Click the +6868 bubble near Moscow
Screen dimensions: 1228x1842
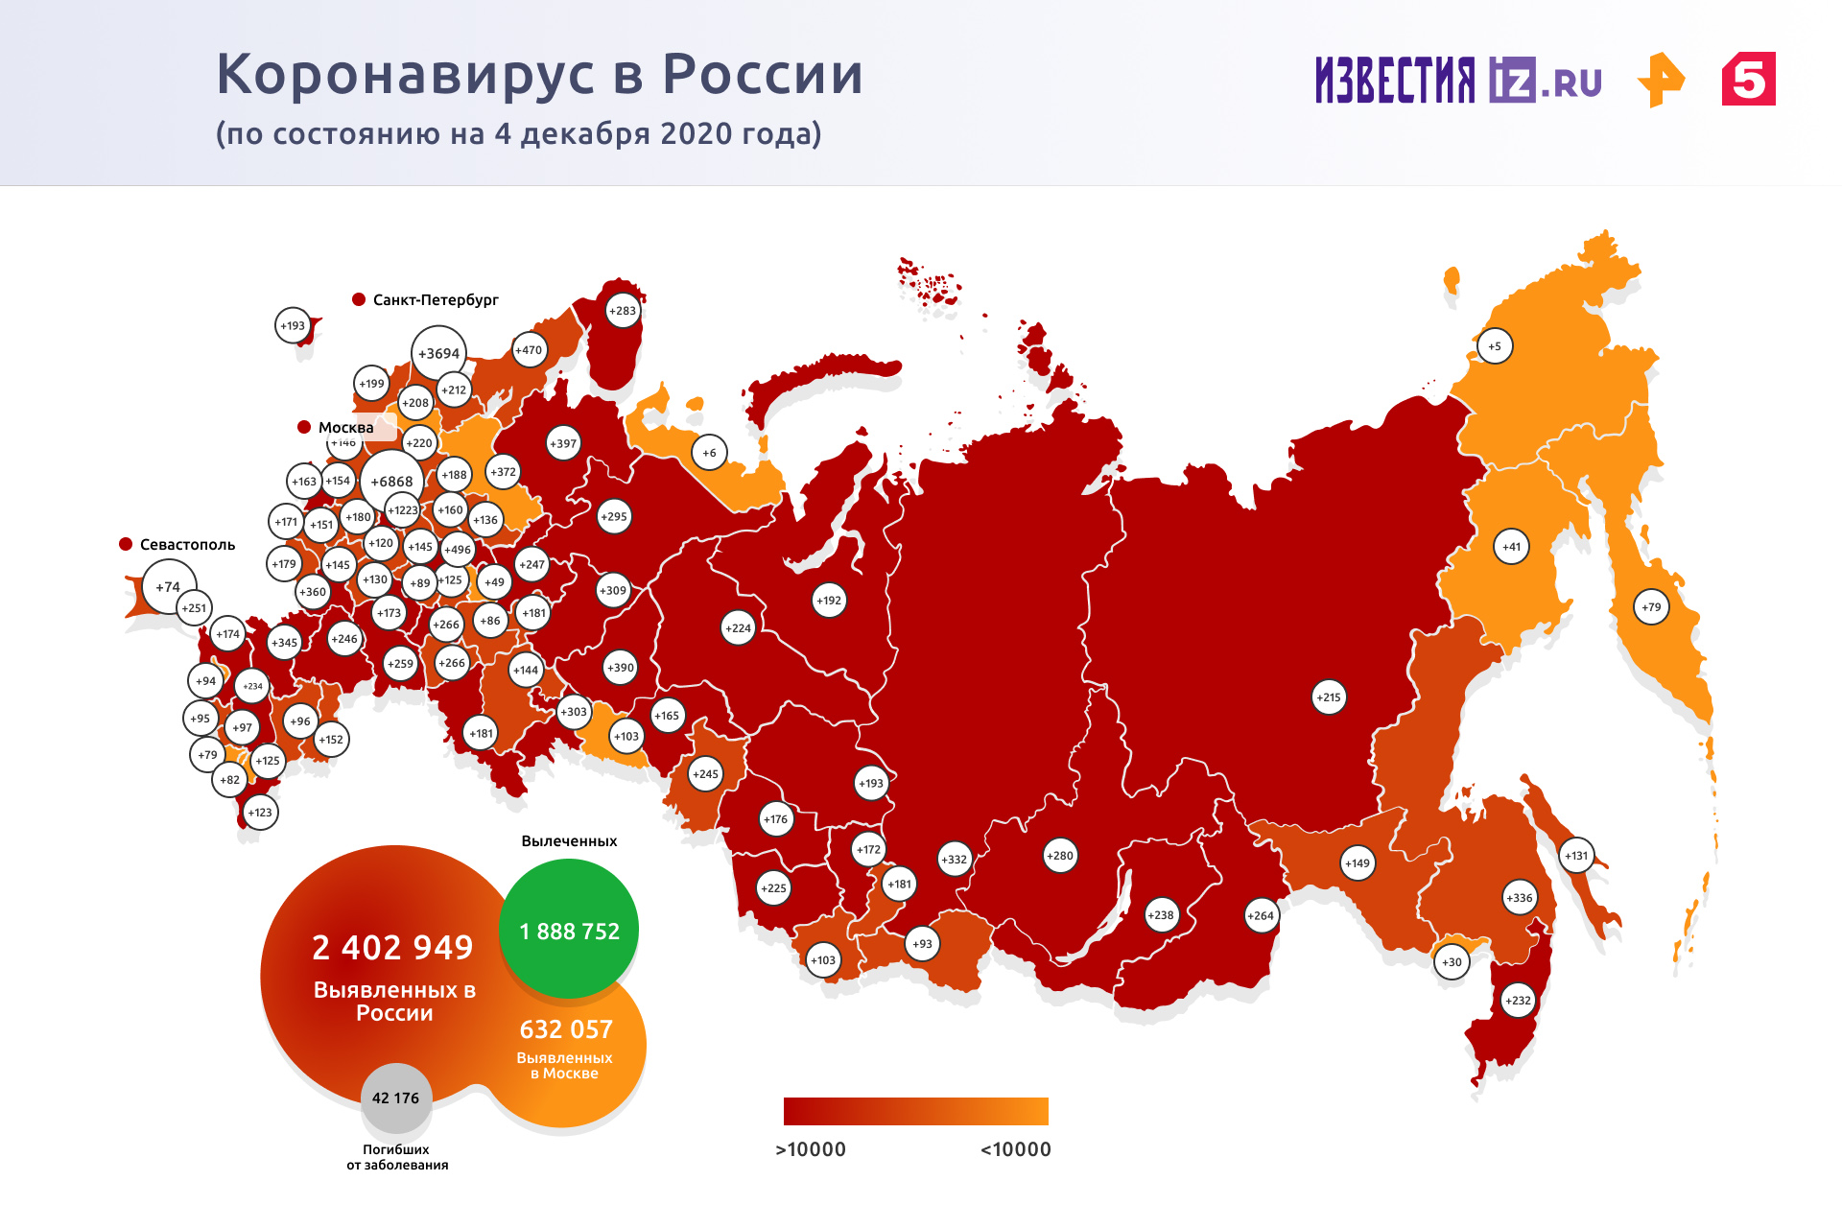click(391, 482)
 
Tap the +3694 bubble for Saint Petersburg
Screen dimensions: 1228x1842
click(438, 353)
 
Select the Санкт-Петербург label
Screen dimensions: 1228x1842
click(435, 300)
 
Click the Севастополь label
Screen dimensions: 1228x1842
click(187, 545)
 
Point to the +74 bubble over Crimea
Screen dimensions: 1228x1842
click(169, 586)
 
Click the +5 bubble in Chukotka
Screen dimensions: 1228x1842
click(1495, 346)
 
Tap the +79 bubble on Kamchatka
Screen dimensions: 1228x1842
click(1651, 606)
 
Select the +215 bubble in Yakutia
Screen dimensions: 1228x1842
click(1329, 697)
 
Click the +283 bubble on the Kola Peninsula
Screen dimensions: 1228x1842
click(623, 311)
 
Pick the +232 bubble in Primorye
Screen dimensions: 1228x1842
click(1518, 1001)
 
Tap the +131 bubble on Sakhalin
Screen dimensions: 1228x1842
click(1576, 856)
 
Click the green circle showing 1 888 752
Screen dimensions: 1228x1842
click(569, 930)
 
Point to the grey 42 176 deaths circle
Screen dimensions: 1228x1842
click(395, 1098)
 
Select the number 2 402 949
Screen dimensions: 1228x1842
click(392, 948)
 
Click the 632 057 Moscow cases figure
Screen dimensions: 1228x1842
click(566, 1029)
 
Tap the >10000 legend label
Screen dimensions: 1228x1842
click(811, 1149)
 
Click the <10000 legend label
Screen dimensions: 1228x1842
click(1015, 1149)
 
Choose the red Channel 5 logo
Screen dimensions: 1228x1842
click(1748, 80)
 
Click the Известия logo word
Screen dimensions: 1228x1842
click(1395, 80)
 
